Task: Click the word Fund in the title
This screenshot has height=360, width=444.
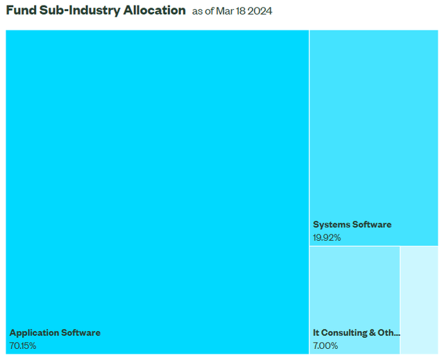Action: (21, 10)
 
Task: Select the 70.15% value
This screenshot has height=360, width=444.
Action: (23, 345)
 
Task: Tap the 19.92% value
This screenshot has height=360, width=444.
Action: (327, 237)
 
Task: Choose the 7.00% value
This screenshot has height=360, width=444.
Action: (325, 345)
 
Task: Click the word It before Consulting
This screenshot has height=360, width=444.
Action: (316, 333)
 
